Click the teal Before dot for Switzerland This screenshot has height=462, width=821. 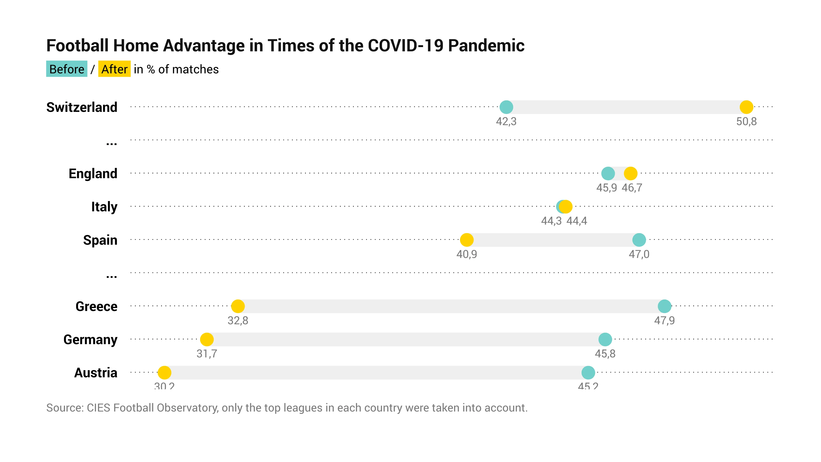[x=506, y=107]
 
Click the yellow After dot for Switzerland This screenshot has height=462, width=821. [x=746, y=107]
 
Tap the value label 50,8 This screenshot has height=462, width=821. [x=746, y=121]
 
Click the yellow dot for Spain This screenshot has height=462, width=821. [x=467, y=240]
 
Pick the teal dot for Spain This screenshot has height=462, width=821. [x=639, y=240]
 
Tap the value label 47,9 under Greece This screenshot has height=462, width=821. [x=664, y=320]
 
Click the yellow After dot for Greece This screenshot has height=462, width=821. [x=238, y=306]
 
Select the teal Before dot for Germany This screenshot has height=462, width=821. [x=605, y=339]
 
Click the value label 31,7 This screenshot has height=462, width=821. [x=207, y=354]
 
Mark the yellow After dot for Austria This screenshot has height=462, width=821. [x=164, y=372]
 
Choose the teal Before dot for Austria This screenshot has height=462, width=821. [x=588, y=372]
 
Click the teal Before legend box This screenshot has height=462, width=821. [x=67, y=69]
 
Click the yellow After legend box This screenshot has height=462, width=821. [x=114, y=69]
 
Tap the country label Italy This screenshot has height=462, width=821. [x=104, y=207]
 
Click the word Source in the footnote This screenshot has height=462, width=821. [x=65, y=408]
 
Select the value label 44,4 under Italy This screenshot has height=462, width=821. [x=577, y=221]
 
